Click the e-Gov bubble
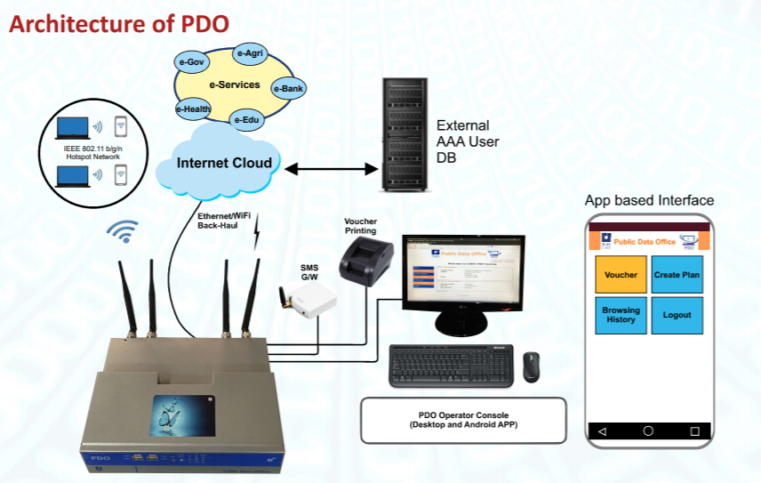pos(191,62)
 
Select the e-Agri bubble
pos(249,53)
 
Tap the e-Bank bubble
pos(289,88)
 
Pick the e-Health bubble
pos(193,109)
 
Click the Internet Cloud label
pos(224,163)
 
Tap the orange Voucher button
pos(621,275)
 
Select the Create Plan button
pos(677,275)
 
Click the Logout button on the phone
pos(677,315)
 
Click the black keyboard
pos(452,365)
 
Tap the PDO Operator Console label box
pos(462,419)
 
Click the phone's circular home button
pos(648,431)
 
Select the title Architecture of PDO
pos(119,24)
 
